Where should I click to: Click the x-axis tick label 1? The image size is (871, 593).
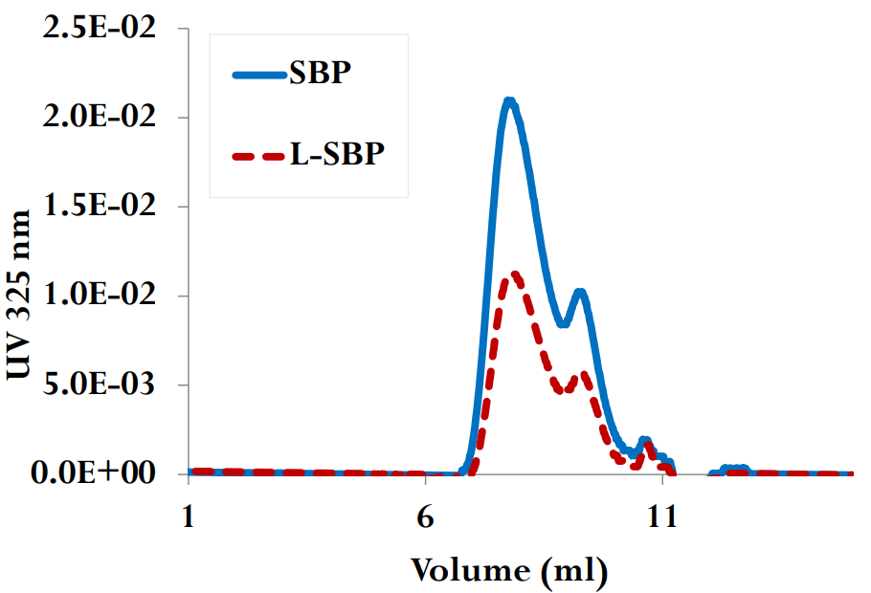[x=189, y=516]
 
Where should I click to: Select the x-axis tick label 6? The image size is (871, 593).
[x=425, y=516]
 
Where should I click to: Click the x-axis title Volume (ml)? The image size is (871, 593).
[x=509, y=571]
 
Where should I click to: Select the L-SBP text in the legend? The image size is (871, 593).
[x=337, y=153]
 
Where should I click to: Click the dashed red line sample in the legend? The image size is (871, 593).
[x=259, y=154]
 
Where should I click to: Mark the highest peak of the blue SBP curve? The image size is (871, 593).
[x=510, y=100]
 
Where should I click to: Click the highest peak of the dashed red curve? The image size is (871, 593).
[x=515, y=275]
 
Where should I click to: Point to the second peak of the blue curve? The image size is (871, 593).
[x=580, y=293]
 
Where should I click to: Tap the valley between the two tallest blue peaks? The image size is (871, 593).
[x=564, y=323]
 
